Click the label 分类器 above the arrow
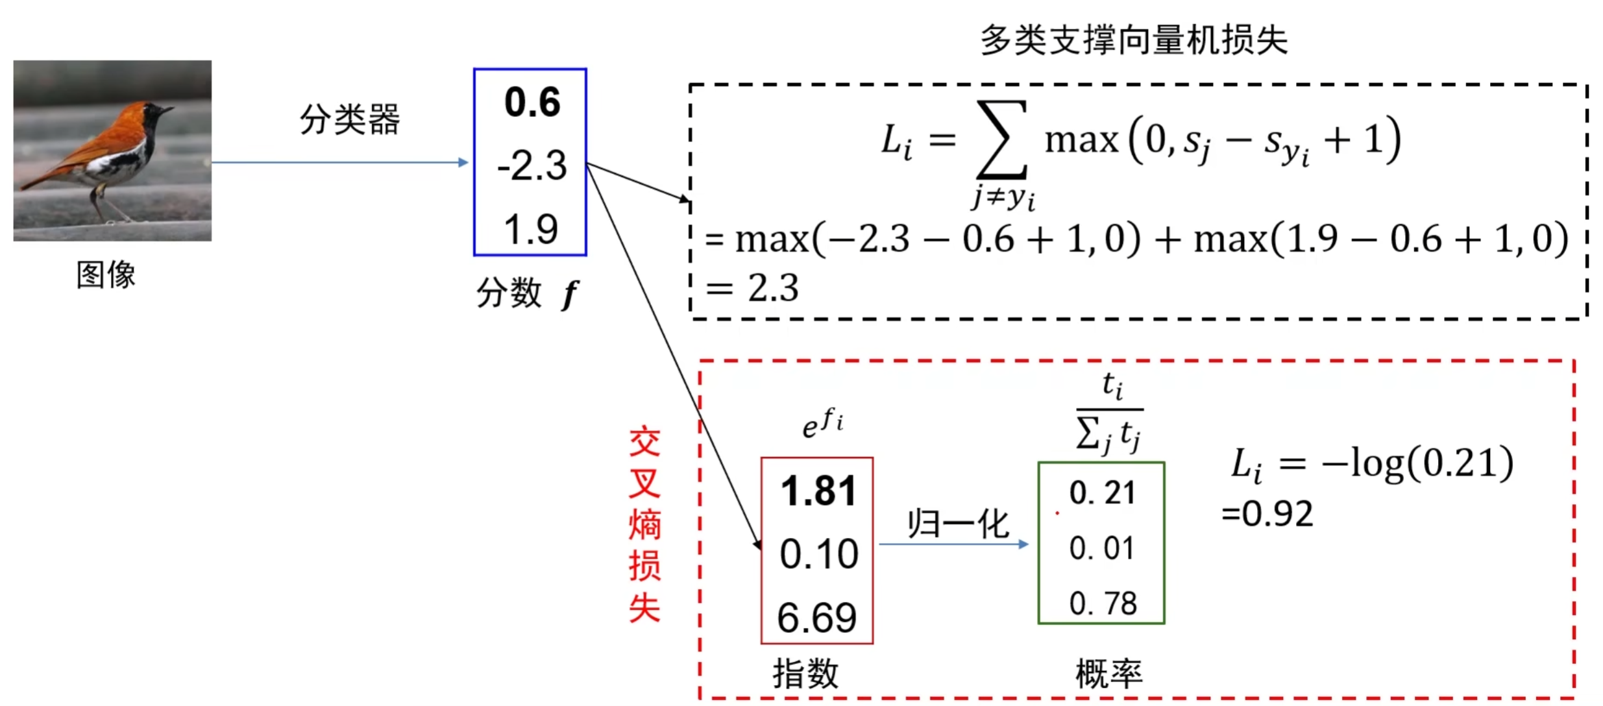pos(349,119)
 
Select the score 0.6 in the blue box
pos(532,103)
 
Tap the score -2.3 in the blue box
pos(532,165)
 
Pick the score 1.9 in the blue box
pos(531,229)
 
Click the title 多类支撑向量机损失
pos(1133,40)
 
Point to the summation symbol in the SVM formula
pos(1002,139)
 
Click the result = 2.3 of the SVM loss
pos(753,287)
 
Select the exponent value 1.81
pos(818,491)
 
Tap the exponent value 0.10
pos(818,554)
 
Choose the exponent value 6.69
pos(817,617)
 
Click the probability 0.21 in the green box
pos(1102,493)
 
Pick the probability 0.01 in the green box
pos(1102,548)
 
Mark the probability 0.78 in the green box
pos(1103,603)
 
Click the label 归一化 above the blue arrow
pos(957,523)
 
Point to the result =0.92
pos(1267,514)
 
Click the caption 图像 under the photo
pos(106,274)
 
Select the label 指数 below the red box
pos(805,673)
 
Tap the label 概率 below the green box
pos(1108,673)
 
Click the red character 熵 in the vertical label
pos(644,524)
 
